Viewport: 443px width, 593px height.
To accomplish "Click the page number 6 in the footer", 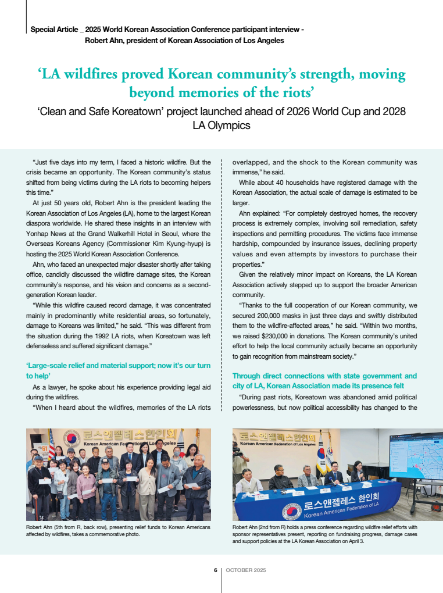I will [215, 570].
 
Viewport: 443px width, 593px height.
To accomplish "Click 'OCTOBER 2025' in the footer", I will [246, 570].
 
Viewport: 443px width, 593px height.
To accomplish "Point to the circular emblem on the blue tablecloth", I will [291, 510].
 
